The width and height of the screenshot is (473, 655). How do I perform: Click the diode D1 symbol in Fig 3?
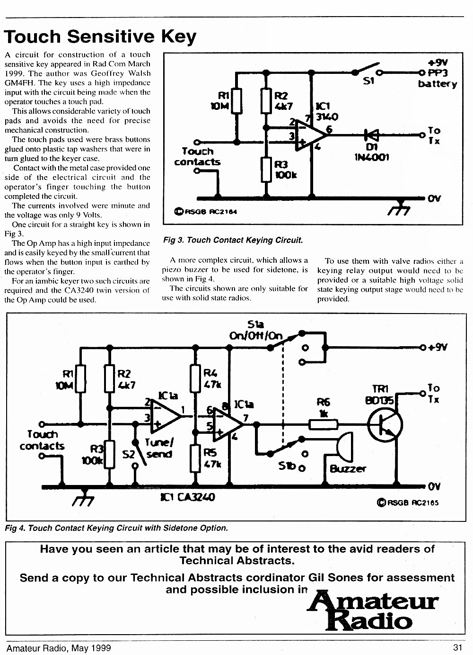pos(372,135)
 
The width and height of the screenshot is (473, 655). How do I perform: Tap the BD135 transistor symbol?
pos(385,425)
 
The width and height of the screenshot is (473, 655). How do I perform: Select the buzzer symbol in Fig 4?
pos(345,447)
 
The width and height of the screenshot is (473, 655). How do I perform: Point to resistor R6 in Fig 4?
pos(323,424)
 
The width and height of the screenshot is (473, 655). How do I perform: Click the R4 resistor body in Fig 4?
pos(195,378)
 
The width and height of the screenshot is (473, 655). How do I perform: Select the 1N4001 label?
pos(372,157)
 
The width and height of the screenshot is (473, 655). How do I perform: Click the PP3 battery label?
pos(438,78)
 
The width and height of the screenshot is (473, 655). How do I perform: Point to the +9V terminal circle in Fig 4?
pos(422,348)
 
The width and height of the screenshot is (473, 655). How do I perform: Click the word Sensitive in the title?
pos(112,36)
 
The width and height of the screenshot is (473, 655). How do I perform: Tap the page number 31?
pos(458,647)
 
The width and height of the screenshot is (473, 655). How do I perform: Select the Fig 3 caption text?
pos(233,240)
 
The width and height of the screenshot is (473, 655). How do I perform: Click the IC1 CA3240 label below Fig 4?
pos(188,497)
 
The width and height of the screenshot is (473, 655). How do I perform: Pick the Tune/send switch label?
pos(159,448)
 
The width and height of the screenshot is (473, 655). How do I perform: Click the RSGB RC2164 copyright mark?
pos(206,211)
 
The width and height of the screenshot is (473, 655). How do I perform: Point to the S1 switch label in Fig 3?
pos(368,81)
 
